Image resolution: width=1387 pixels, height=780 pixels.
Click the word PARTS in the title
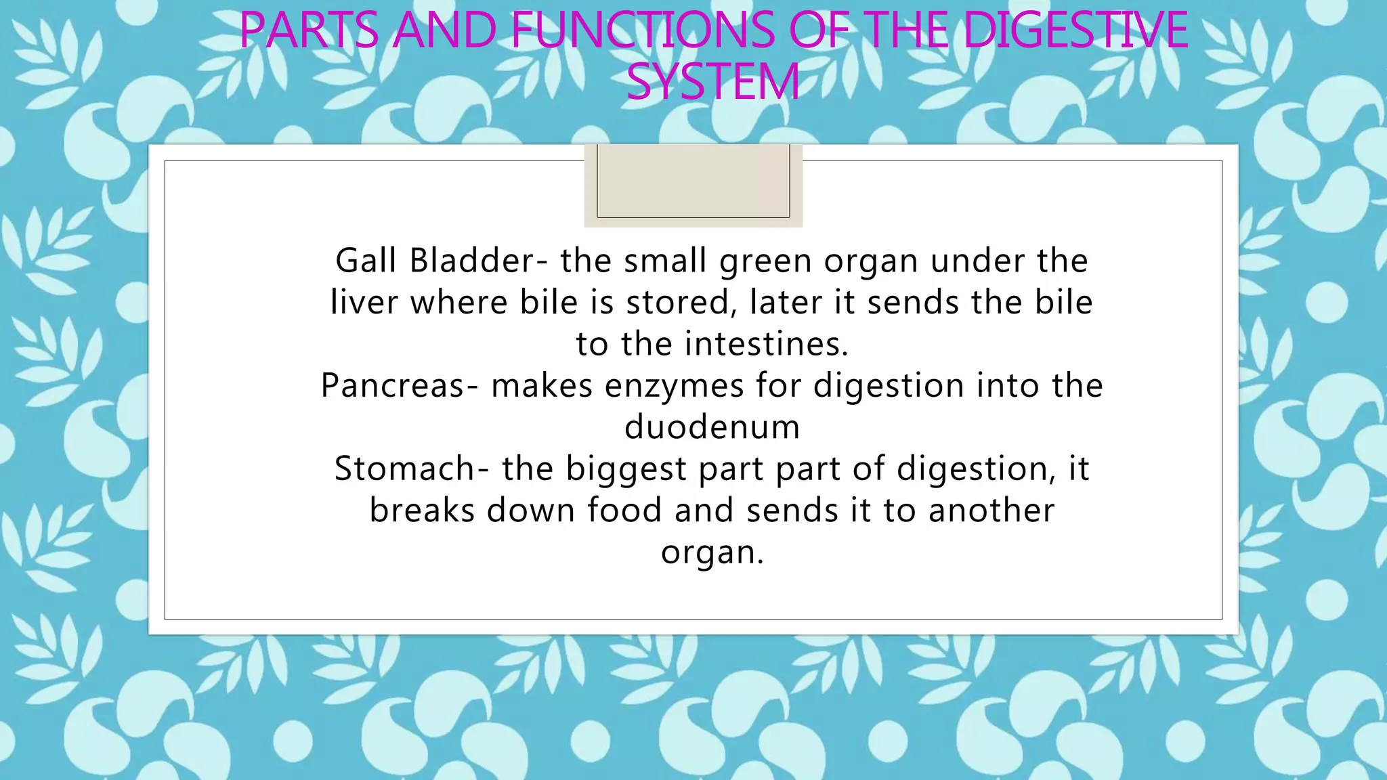[309, 30]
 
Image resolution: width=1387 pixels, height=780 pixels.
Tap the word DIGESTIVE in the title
[1075, 30]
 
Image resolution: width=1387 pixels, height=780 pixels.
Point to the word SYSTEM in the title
[713, 83]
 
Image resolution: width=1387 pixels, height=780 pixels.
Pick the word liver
[364, 302]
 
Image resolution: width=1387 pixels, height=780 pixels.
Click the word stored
[682, 303]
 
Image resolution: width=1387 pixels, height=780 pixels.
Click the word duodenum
[712, 427]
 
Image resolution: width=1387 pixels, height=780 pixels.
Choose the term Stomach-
[412, 469]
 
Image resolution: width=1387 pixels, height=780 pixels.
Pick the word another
[991, 510]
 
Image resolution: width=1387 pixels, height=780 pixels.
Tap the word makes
[542, 385]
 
